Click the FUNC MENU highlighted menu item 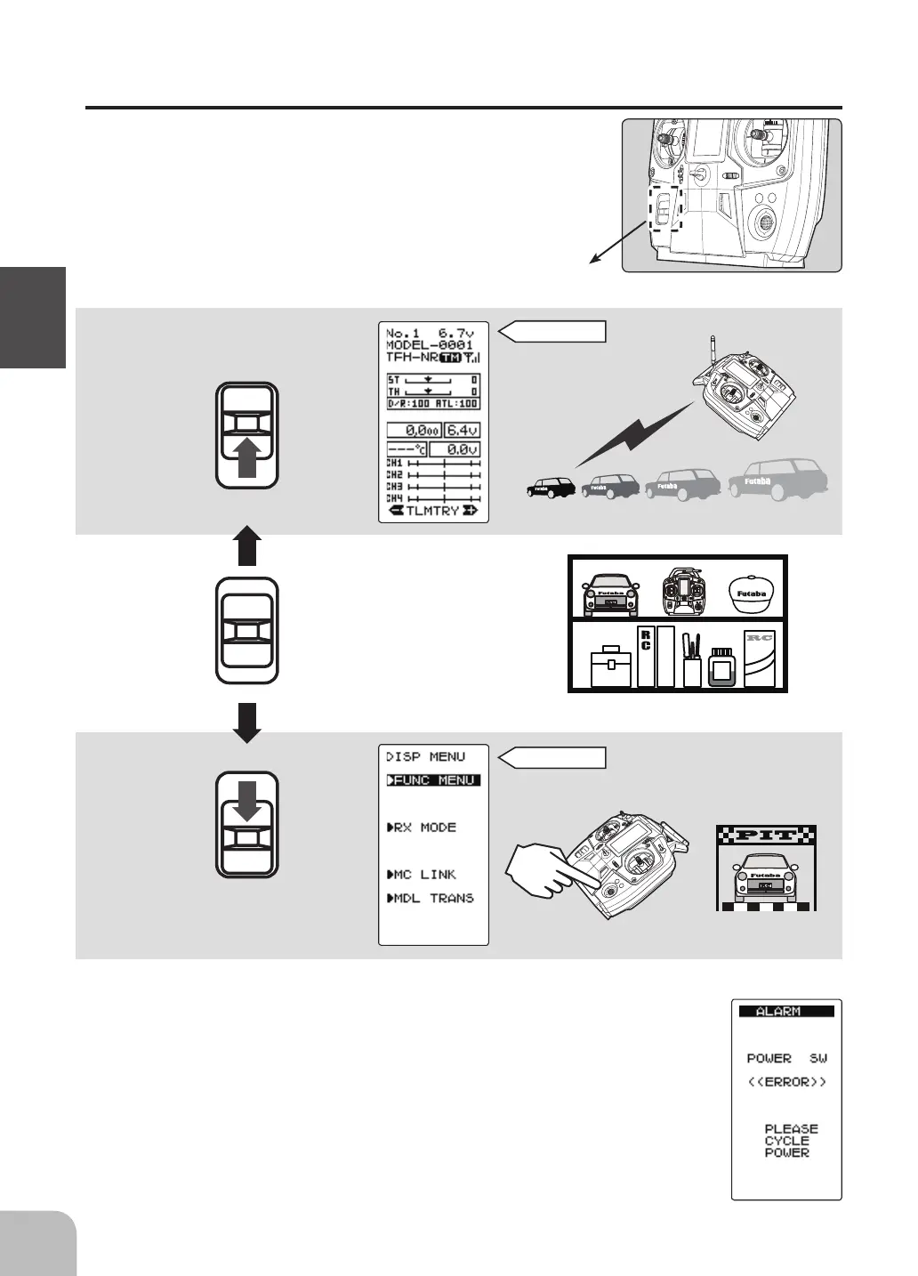point(433,780)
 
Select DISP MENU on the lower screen point(425,757)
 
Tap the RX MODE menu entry point(422,828)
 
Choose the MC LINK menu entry point(422,875)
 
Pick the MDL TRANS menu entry point(431,899)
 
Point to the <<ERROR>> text point(786,1082)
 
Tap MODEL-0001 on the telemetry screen point(430,344)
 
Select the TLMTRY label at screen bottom point(433,511)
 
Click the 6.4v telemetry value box point(463,430)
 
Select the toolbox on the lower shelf point(609,666)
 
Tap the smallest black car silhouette point(552,487)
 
